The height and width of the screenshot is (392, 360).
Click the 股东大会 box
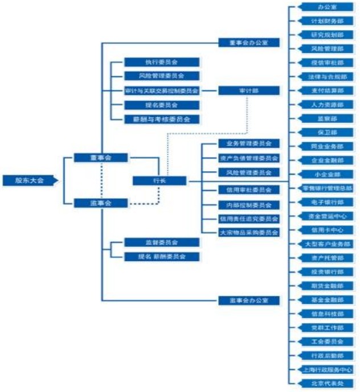click(30, 181)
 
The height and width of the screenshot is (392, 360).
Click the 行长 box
click(159, 180)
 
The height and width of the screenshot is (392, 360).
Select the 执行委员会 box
click(162, 62)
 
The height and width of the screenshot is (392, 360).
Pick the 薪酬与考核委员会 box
click(162, 119)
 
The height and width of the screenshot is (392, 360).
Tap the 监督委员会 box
click(162, 242)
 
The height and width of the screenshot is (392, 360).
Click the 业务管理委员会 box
click(248, 143)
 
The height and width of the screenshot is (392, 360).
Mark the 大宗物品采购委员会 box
click(248, 232)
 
